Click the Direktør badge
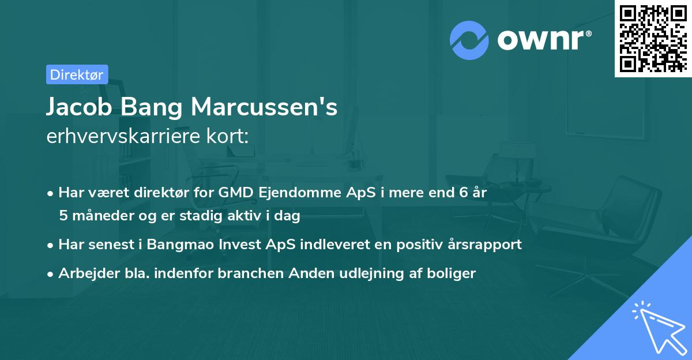(x=77, y=74)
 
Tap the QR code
(x=653, y=38)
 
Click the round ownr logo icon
(x=469, y=40)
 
